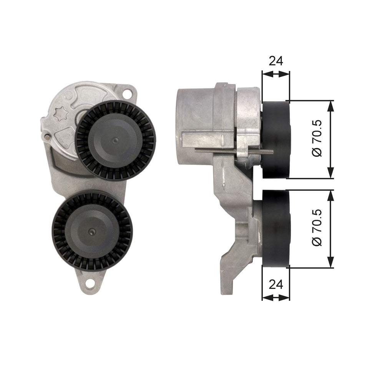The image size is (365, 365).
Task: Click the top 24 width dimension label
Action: [x=275, y=61]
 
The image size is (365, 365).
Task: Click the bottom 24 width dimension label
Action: [x=275, y=284]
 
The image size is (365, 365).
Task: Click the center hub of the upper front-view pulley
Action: [x=115, y=140]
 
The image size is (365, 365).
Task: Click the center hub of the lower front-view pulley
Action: [x=92, y=231]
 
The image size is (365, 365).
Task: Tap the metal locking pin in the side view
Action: [x=231, y=151]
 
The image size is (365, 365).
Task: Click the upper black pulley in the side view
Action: [x=276, y=140]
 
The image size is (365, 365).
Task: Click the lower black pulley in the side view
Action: [x=276, y=229]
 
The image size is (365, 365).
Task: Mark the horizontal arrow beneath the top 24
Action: [x=275, y=73]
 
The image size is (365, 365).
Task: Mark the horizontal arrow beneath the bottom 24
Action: [x=275, y=297]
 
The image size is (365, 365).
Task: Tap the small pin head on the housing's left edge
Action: [x=46, y=136]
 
